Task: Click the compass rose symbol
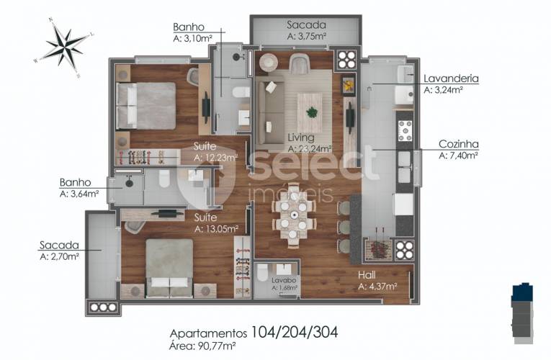pos(65,47)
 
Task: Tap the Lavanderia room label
pos(451,78)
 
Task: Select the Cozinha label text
pos(459,144)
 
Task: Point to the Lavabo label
pos(284,280)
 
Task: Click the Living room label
pos(301,138)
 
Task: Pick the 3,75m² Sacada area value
pos(307,36)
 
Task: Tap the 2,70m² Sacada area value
pos(59,257)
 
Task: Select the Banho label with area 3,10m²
pos(189,27)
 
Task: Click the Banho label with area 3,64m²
pos(75,182)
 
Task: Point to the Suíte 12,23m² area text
pos(215,158)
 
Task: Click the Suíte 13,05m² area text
pos(217,229)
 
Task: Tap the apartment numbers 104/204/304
pos(294,332)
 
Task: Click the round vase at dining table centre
pos(293,215)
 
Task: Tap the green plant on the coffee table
pos(311,112)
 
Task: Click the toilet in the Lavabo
pos(262,273)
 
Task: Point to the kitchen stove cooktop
pos(405,130)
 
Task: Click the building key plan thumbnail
pos(522,312)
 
